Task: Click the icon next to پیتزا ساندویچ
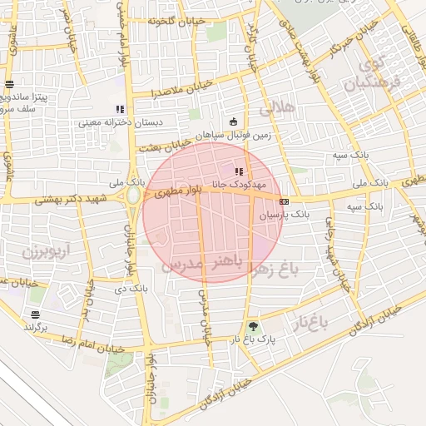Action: click(9, 84)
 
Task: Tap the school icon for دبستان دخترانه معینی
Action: click(120, 109)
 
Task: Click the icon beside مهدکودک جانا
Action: click(240, 171)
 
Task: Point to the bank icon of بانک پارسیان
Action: click(285, 201)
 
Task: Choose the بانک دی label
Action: click(111, 288)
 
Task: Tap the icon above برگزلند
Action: click(35, 315)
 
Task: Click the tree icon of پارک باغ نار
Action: click(253, 326)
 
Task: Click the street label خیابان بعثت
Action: click(161, 145)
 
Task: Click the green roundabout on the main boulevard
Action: click(131, 197)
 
